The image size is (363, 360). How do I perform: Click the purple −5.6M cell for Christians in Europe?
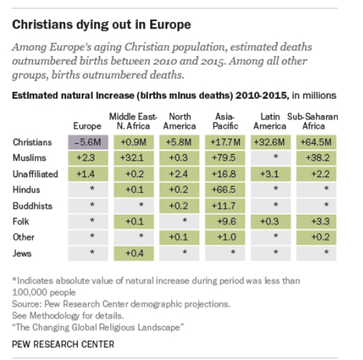pyautogui.click(x=88, y=142)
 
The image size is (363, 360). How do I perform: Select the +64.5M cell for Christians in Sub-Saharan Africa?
pyautogui.click(x=316, y=142)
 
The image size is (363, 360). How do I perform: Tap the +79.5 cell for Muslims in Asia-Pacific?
pyautogui.click(x=225, y=158)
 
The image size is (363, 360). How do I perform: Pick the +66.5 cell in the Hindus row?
pyautogui.click(x=225, y=189)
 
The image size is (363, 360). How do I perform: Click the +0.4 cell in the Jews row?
pyautogui.click(x=134, y=253)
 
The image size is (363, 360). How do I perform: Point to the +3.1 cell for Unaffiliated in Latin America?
pyautogui.click(x=271, y=174)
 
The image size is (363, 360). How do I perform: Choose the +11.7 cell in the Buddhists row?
pyautogui.click(x=225, y=206)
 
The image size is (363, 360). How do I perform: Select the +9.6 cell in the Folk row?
pyautogui.click(x=225, y=221)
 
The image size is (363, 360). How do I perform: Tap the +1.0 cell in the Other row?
pyautogui.click(x=225, y=237)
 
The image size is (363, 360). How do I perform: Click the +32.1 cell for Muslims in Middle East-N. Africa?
pyautogui.click(x=134, y=158)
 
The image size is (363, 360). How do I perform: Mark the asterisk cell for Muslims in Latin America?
pyautogui.click(x=271, y=158)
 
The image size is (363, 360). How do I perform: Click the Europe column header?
pyautogui.click(x=87, y=126)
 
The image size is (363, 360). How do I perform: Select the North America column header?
pyautogui.click(x=179, y=121)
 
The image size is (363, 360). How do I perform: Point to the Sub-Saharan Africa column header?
pyautogui.click(x=313, y=121)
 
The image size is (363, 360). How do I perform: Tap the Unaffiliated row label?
pyautogui.click(x=36, y=174)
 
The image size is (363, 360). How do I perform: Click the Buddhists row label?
pyautogui.click(x=33, y=206)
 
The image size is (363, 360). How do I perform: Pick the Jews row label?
pyautogui.click(x=22, y=253)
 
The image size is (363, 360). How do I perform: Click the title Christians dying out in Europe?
pyautogui.click(x=102, y=25)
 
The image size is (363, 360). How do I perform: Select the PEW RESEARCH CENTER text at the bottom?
pyautogui.click(x=63, y=344)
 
